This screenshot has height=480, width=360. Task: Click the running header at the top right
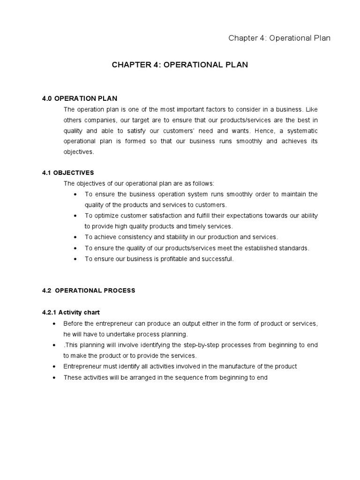[279, 38]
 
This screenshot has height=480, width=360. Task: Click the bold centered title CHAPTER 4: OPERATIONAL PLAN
[180, 65]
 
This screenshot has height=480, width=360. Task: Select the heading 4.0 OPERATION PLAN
[80, 98]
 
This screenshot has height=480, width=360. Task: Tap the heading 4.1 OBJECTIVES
[68, 173]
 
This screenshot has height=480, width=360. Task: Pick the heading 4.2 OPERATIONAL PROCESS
[89, 291]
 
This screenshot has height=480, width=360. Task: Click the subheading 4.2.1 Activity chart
[71, 312]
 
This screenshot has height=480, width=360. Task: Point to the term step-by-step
[200, 345]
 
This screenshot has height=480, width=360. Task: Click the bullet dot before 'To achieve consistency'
[76, 237]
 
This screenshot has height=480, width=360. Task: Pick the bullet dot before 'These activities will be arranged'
[55, 377]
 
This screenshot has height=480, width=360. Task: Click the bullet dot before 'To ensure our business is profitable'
[76, 259]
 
